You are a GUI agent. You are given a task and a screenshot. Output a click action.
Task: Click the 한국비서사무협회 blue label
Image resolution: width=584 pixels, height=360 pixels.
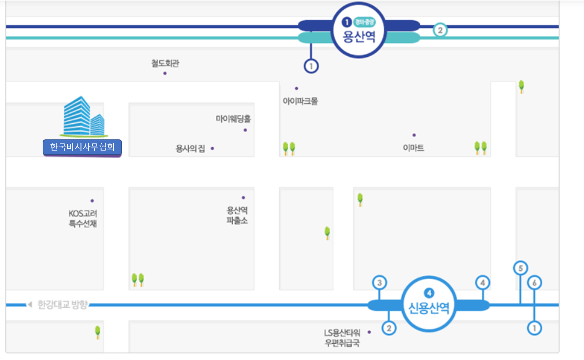(82, 147)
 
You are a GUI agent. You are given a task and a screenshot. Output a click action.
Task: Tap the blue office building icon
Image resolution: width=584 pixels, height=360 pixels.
(83, 116)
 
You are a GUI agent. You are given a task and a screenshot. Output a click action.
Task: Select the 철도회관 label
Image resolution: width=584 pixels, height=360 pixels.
(165, 63)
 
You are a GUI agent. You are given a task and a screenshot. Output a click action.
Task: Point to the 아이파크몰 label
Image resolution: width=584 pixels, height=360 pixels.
(300, 101)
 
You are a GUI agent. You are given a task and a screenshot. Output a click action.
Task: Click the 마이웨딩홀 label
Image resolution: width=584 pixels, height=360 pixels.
(233, 119)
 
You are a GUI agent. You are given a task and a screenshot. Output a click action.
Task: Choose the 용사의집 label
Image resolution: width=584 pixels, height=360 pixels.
(190, 149)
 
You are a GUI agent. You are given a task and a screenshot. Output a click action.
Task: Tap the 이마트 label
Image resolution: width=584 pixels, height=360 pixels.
(413, 148)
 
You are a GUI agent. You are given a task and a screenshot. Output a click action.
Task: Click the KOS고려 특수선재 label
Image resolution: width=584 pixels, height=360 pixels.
(83, 218)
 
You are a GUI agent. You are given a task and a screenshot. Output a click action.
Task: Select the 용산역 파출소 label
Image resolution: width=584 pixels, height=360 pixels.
(237, 215)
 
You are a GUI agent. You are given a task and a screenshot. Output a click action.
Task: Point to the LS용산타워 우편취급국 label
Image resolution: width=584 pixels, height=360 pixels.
(342, 338)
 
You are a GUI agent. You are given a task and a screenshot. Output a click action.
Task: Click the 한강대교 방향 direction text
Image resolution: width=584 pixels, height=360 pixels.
(63, 305)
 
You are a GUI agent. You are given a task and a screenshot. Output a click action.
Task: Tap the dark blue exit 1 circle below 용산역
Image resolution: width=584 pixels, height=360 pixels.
(311, 66)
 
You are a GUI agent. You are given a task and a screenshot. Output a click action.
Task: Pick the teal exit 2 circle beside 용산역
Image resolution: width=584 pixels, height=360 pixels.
(440, 30)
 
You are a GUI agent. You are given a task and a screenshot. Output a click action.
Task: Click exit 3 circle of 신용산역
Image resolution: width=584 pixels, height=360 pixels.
(379, 283)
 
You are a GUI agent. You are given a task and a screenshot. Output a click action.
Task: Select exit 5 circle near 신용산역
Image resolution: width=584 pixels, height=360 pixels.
(521, 268)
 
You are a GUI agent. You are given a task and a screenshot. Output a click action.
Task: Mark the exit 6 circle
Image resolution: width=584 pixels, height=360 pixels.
(534, 283)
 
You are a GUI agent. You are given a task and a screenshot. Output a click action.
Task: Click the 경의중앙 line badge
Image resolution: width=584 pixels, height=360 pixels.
(364, 22)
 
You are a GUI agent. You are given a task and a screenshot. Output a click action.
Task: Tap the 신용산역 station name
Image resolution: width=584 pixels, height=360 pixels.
(429, 308)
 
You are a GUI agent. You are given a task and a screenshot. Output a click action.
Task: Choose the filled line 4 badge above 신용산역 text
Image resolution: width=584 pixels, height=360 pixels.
(429, 293)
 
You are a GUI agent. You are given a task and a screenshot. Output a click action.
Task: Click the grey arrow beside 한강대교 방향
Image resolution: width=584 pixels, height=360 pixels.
(30, 304)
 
